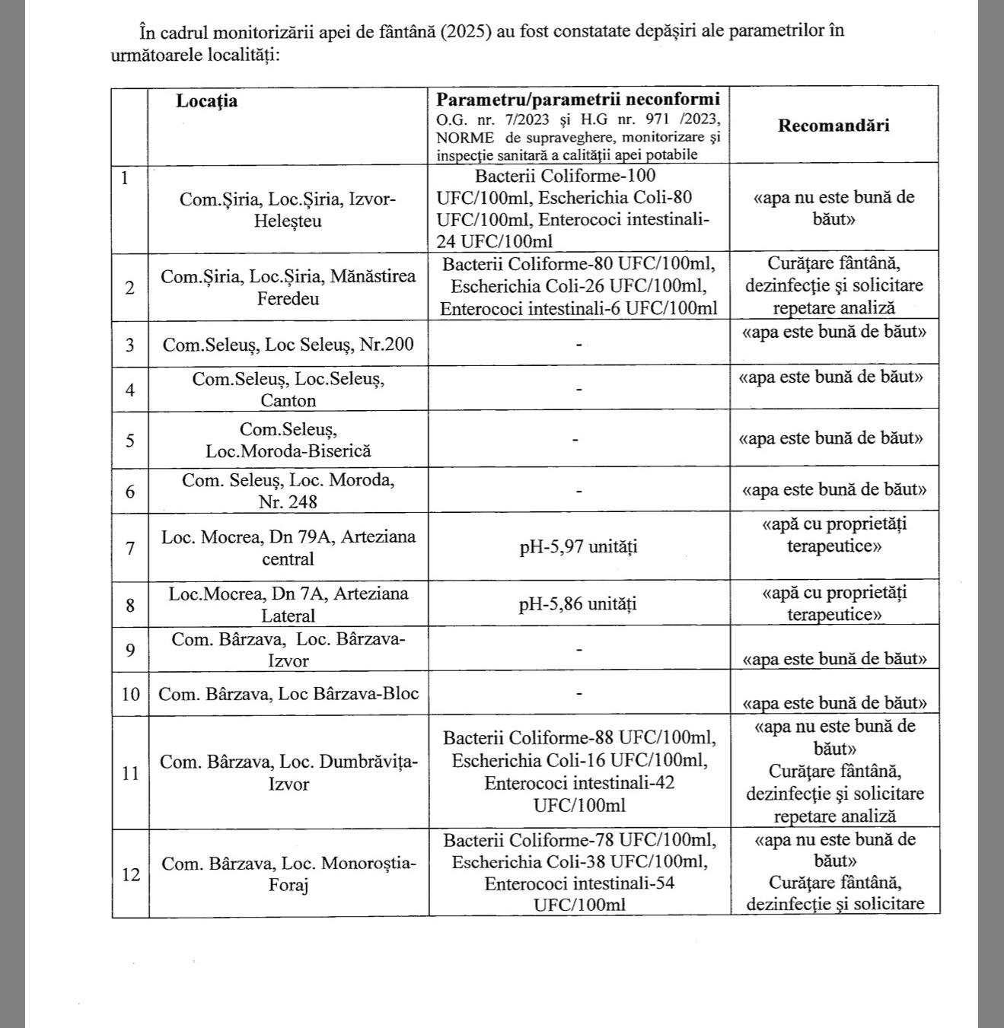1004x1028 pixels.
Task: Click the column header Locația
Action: (207, 101)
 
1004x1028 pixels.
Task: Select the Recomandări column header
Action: (833, 126)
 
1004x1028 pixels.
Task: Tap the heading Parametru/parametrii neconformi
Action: (578, 100)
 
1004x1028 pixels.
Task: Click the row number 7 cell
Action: (130, 547)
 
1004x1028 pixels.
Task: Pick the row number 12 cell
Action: (131, 874)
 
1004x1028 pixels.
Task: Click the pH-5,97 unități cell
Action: (578, 546)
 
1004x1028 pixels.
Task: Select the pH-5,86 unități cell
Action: (578, 604)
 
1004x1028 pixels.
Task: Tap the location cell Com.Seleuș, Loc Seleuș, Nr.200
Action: (288, 345)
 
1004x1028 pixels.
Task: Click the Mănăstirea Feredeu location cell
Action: (288, 287)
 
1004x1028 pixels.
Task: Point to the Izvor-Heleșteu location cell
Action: (288, 209)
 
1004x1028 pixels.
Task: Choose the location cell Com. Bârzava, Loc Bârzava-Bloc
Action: (288, 694)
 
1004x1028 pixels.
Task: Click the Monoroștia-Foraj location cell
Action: (288, 874)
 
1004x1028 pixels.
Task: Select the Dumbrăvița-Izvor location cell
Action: (288, 772)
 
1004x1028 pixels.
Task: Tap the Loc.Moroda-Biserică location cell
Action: (288, 440)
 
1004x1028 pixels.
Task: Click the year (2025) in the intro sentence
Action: (466, 31)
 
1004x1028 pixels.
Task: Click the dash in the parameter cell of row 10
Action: (579, 694)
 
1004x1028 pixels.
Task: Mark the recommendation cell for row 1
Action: (833, 208)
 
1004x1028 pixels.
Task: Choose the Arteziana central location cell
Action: (288, 547)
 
